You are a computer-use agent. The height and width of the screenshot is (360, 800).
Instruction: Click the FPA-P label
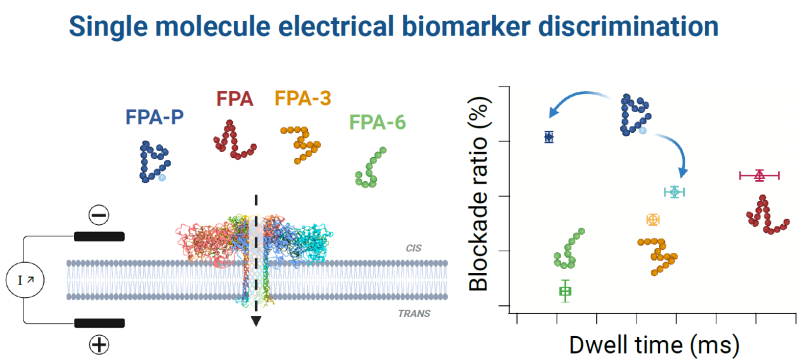(x=153, y=116)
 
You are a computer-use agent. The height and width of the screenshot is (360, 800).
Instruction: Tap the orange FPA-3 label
(x=303, y=99)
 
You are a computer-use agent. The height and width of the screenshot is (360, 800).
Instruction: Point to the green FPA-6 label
(x=377, y=123)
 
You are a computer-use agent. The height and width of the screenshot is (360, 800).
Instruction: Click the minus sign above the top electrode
(x=98, y=215)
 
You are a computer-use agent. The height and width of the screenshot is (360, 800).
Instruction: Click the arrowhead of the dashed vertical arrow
(x=256, y=321)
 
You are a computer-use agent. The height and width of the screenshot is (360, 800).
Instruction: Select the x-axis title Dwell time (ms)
(x=655, y=345)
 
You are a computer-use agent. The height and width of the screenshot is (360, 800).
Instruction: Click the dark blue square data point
(x=548, y=137)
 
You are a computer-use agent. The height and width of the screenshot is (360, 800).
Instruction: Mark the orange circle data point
(x=653, y=219)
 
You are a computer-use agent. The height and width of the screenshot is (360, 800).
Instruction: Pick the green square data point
(x=565, y=291)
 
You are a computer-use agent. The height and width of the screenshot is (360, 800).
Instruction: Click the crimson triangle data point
(x=759, y=175)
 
